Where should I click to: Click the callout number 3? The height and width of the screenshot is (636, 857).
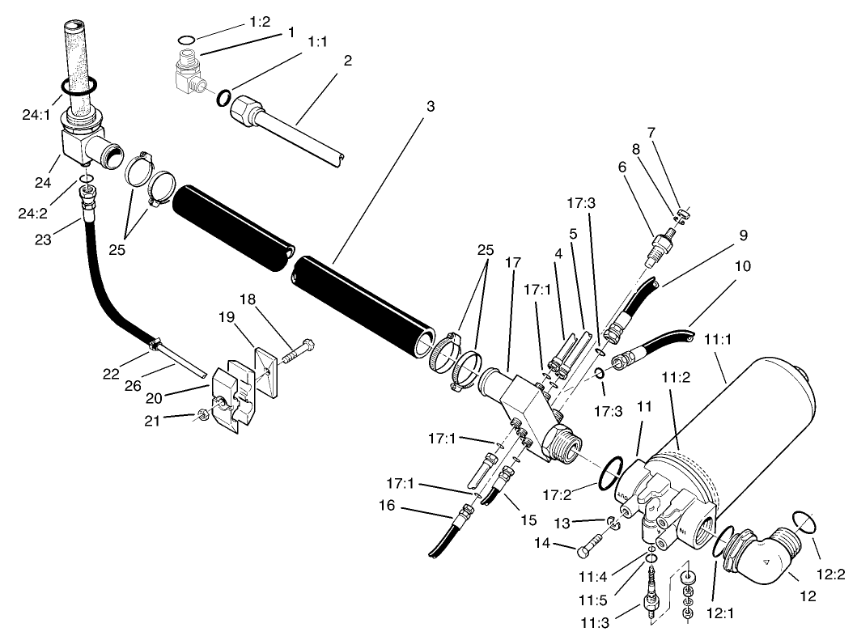431,105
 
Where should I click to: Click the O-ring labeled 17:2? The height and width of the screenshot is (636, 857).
611,474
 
